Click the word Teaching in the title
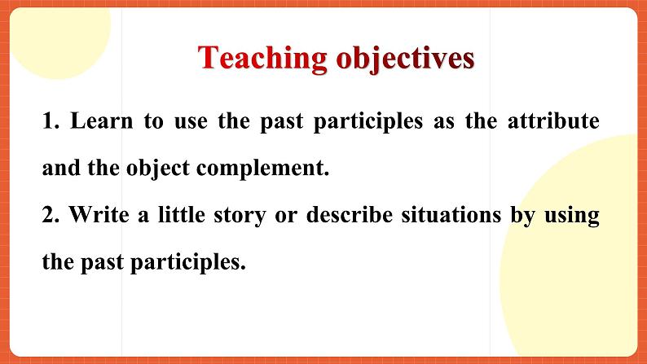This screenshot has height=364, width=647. point(262,59)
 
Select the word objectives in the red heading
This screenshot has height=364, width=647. point(405,59)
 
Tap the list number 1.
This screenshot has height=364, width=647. point(51,121)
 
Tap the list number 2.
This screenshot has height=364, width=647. point(51,215)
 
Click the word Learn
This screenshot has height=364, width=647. point(102,121)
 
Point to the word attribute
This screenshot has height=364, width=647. point(553,121)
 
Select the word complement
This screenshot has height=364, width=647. point(263,169)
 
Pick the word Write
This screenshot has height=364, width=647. point(99,215)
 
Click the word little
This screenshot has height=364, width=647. point(182,215)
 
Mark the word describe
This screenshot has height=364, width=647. point(350,215)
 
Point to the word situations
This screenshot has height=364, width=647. point(451,215)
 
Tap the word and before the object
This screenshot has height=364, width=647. point(61,168)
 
